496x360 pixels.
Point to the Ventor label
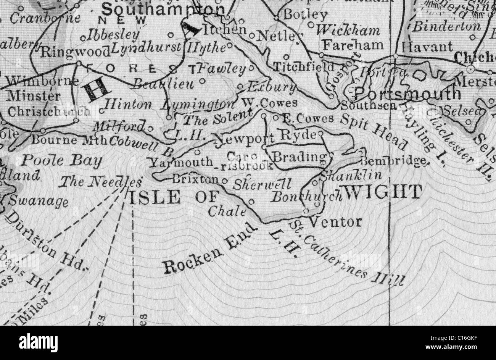(x=335, y=221)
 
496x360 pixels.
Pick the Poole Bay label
(x=61, y=161)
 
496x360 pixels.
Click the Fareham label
(x=353, y=45)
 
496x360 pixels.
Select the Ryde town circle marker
(x=321, y=134)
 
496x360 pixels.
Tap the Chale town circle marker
(x=251, y=201)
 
